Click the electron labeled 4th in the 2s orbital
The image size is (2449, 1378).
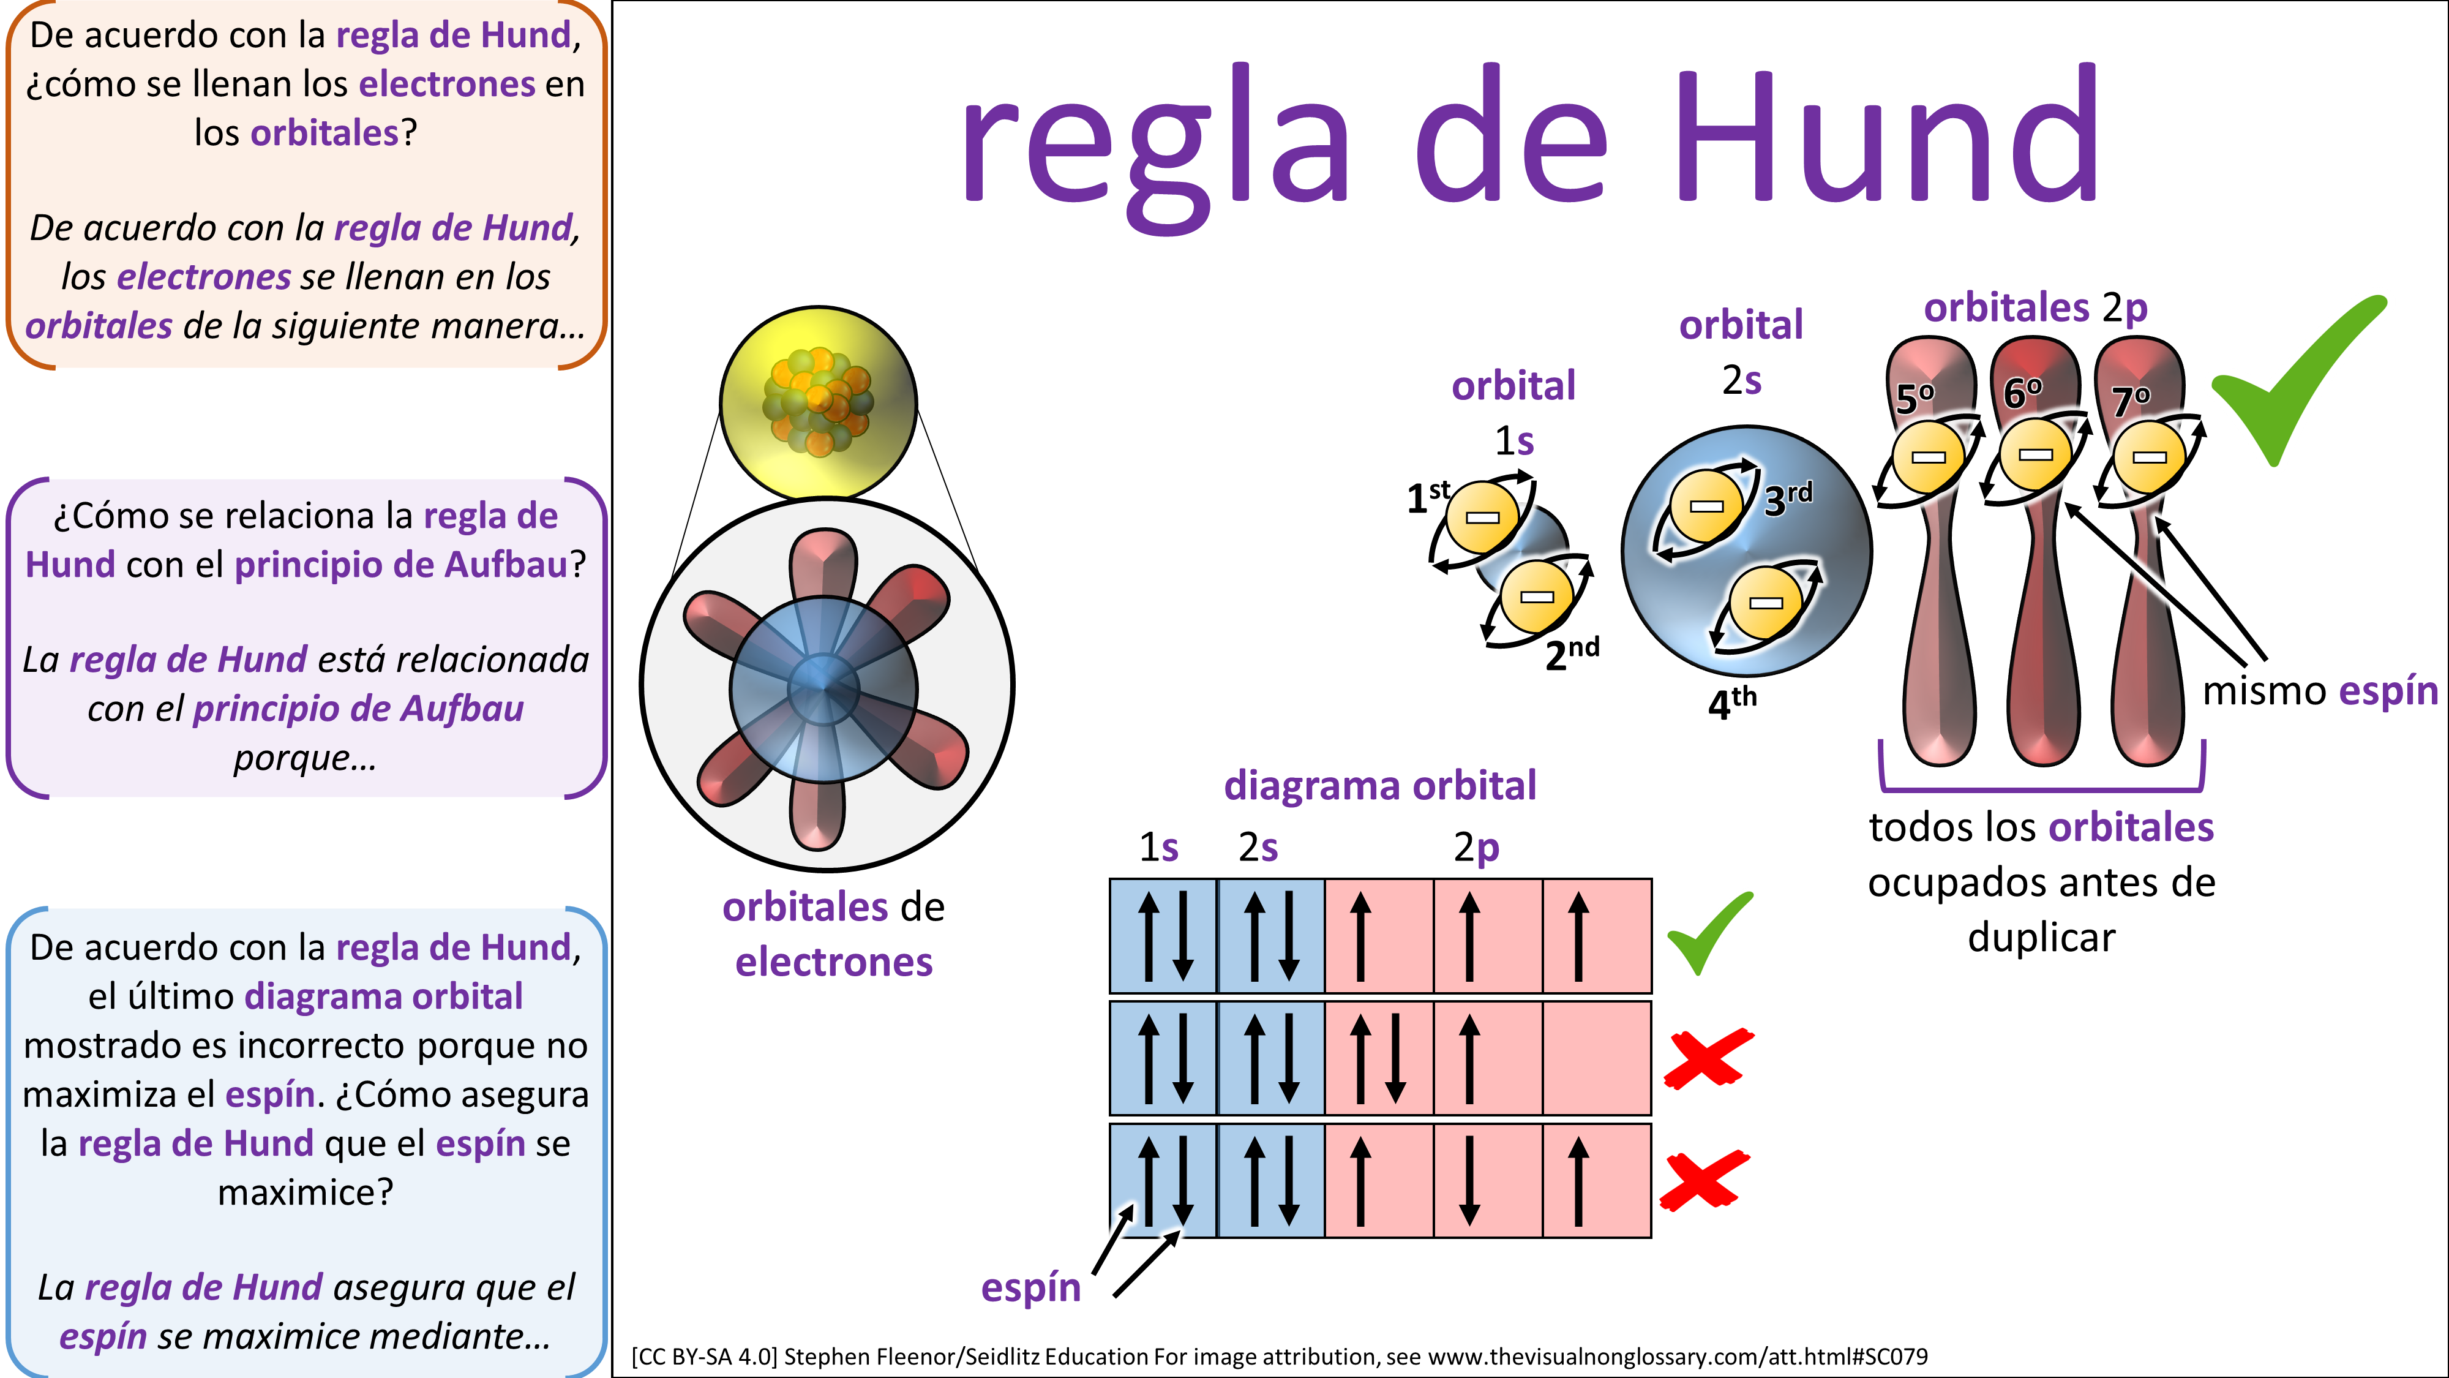point(1766,602)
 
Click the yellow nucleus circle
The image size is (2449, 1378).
point(817,402)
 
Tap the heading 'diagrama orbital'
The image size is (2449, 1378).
point(1379,786)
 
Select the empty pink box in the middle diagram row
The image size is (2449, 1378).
point(1596,1058)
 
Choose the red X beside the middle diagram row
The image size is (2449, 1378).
point(1708,1058)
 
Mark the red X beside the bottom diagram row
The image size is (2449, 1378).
point(1705,1180)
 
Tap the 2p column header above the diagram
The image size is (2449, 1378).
point(1476,846)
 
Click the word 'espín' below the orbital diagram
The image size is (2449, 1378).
point(1030,1287)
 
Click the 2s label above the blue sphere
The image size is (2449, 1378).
point(1742,380)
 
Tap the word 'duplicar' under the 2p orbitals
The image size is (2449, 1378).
point(2041,938)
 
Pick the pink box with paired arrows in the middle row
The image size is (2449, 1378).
point(1379,1058)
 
